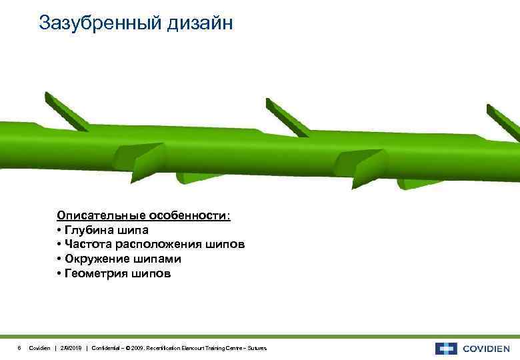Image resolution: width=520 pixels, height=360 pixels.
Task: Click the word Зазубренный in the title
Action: click(x=98, y=23)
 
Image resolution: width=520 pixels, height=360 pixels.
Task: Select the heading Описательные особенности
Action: click(x=144, y=216)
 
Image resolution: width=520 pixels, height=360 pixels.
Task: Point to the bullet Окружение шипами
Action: click(x=119, y=259)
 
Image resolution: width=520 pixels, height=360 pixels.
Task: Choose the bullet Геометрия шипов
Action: click(x=114, y=273)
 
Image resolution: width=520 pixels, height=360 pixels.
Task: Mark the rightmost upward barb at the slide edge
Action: click(x=504, y=120)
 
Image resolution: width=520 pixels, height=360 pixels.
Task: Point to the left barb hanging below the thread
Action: click(x=193, y=178)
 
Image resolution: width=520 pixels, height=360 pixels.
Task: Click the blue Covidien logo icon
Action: click(x=446, y=349)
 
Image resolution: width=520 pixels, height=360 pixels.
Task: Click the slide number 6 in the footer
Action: click(x=19, y=349)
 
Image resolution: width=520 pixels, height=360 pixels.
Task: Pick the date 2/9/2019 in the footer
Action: click(x=71, y=349)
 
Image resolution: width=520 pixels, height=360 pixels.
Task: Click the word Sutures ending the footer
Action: click(x=257, y=349)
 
